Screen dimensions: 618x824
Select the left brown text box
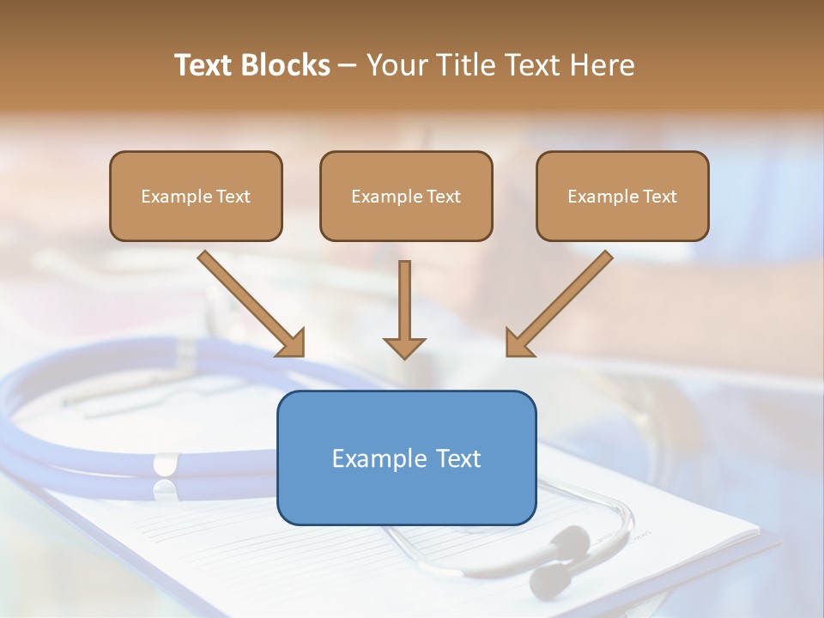click(x=196, y=197)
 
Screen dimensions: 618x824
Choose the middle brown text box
click(x=406, y=197)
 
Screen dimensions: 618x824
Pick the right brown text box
click(x=622, y=197)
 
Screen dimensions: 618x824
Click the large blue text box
click(x=406, y=457)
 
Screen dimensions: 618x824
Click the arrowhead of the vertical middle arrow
click(x=404, y=347)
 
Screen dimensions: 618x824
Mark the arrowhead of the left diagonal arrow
click(x=291, y=342)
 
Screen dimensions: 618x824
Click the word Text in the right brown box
click(x=660, y=197)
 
